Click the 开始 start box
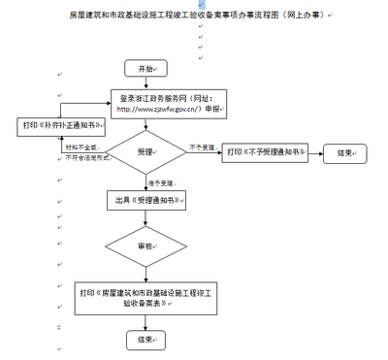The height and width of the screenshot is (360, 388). (145, 69)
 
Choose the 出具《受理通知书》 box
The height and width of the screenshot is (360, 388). (145, 199)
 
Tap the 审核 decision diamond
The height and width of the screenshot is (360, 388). (145, 246)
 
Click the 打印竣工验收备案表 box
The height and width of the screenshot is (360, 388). (145, 296)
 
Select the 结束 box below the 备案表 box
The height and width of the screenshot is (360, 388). (145, 340)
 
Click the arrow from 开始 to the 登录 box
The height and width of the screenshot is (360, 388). (145, 84)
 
